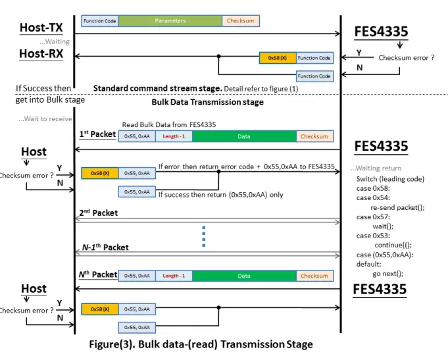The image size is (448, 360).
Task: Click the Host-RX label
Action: click(41, 54)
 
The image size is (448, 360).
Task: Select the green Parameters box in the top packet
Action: click(170, 21)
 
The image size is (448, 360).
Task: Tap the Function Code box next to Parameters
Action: click(99, 21)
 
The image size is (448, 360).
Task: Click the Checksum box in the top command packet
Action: click(240, 21)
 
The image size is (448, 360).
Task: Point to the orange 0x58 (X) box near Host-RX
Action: click(277, 58)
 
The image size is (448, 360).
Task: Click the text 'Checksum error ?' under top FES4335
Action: click(406, 58)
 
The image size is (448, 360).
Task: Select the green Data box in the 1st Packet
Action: click(244, 136)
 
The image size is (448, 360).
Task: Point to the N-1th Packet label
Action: click(105, 247)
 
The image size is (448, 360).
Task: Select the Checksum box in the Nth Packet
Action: click(314, 276)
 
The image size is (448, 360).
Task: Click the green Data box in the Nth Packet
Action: click(244, 276)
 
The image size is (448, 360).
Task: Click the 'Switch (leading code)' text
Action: click(390, 179)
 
